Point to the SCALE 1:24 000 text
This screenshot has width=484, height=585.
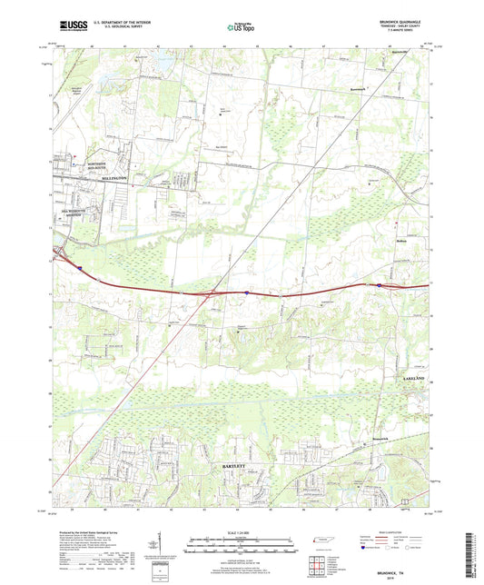pyautogui.click(x=241, y=531)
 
